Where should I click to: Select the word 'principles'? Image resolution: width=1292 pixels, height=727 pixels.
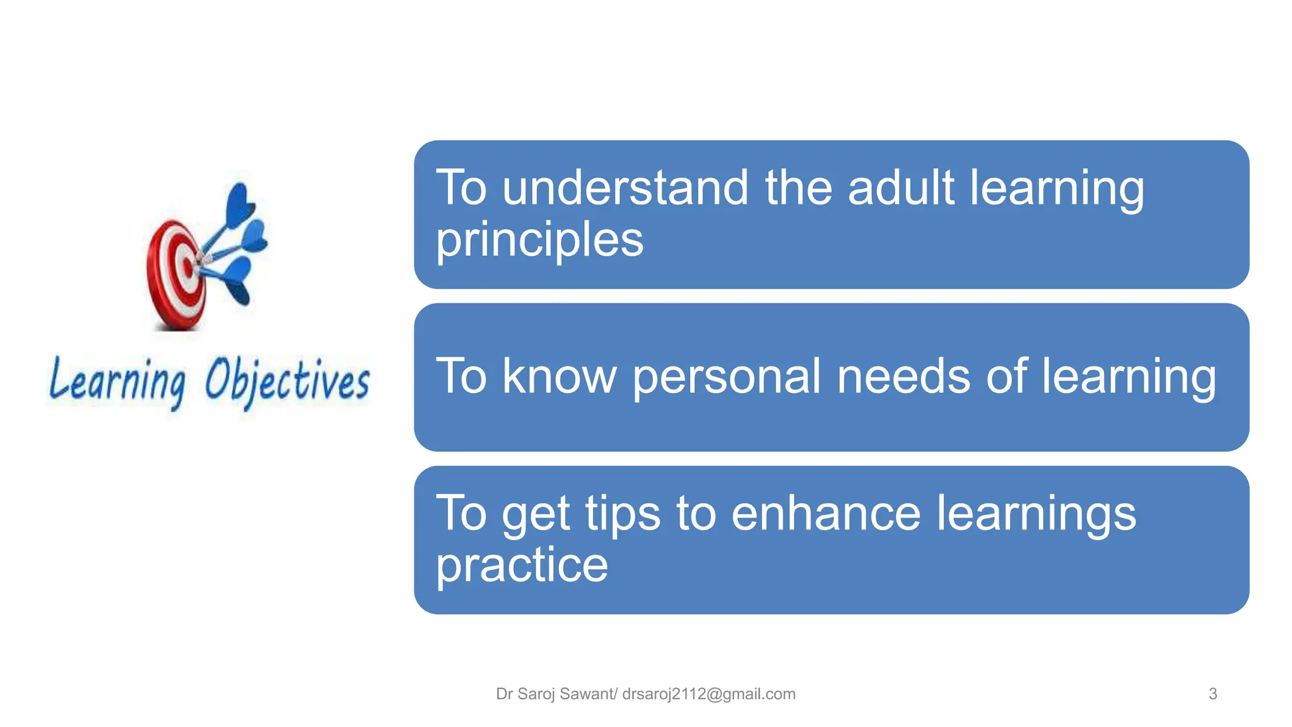tap(539, 240)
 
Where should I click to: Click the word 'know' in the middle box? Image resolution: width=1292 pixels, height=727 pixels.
tap(559, 376)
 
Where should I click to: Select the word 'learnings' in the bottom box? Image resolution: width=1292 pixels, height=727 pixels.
tap(1036, 514)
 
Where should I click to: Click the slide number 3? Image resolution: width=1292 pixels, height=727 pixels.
tap(1213, 694)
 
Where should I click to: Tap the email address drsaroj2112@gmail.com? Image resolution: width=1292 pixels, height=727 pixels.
tap(708, 694)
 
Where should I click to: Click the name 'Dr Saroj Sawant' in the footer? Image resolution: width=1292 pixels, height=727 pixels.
tap(554, 694)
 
